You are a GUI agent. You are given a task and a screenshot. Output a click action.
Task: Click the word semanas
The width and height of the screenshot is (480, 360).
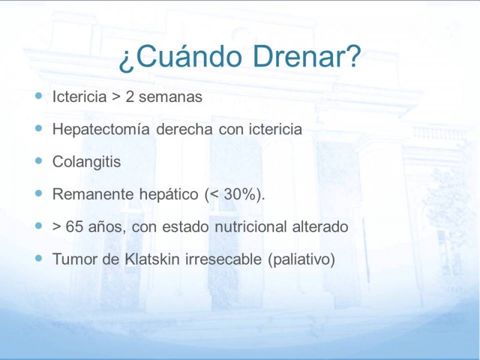click(x=170, y=97)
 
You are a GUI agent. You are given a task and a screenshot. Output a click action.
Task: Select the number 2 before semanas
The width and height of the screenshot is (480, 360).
click(x=130, y=97)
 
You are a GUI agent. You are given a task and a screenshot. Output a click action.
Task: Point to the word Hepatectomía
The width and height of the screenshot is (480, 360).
click(x=101, y=129)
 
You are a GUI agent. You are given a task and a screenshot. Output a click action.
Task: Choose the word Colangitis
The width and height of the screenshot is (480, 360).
click(x=86, y=161)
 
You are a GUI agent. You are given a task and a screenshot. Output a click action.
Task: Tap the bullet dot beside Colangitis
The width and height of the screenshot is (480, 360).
click(x=38, y=161)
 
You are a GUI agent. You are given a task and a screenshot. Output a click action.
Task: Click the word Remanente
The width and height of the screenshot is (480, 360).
click(x=93, y=194)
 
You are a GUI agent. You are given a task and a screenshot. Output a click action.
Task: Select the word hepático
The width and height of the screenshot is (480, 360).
click(x=169, y=194)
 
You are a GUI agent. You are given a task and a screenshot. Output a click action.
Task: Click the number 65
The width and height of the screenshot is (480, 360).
click(x=74, y=227)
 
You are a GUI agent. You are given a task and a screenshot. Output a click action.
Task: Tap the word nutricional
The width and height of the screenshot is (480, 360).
click(x=251, y=227)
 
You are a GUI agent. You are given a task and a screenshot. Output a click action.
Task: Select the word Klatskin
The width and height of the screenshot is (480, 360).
click(x=152, y=259)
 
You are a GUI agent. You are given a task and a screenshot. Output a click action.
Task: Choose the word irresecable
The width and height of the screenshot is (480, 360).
click(x=223, y=259)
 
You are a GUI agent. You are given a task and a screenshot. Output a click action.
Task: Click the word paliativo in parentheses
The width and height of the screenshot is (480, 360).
click(x=302, y=260)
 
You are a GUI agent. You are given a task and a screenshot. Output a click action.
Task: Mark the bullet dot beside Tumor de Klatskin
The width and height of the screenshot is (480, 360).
click(x=38, y=258)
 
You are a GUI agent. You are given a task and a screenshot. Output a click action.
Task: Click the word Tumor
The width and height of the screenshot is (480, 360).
click(x=74, y=259)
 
